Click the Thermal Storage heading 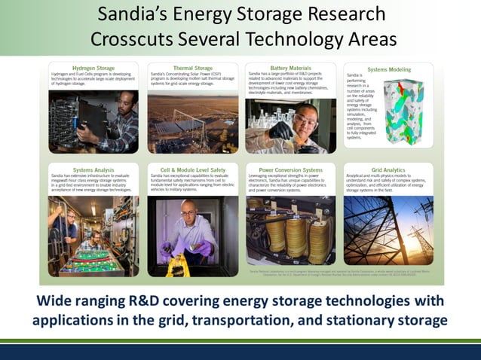(193, 67)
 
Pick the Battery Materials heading (291, 67)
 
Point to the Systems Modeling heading (389, 69)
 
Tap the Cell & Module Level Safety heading (193, 170)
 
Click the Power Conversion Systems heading (291, 170)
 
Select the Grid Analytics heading (389, 170)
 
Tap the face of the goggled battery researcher (302, 120)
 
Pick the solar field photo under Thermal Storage (193, 124)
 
